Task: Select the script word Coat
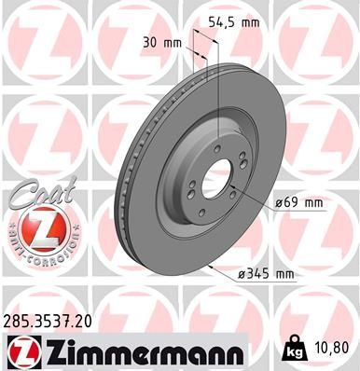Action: tap(31, 197)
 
